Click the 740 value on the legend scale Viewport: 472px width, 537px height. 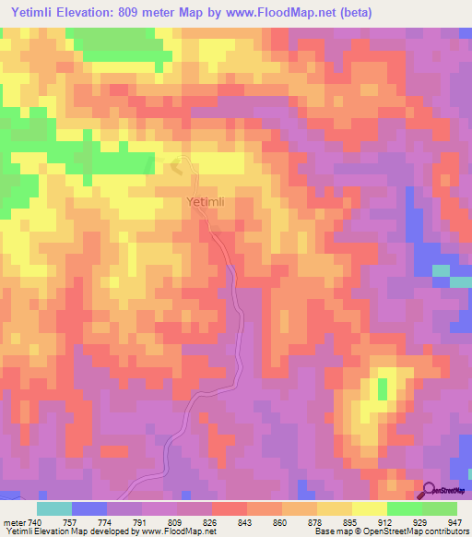[x=37, y=523]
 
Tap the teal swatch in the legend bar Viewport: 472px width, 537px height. [x=54, y=508]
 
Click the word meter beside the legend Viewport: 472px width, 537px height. [x=14, y=523]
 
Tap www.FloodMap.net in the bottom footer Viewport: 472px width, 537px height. [x=172, y=532]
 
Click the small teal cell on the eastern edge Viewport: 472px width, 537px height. [x=440, y=269]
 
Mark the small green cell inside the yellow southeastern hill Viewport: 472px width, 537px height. [x=382, y=388]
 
